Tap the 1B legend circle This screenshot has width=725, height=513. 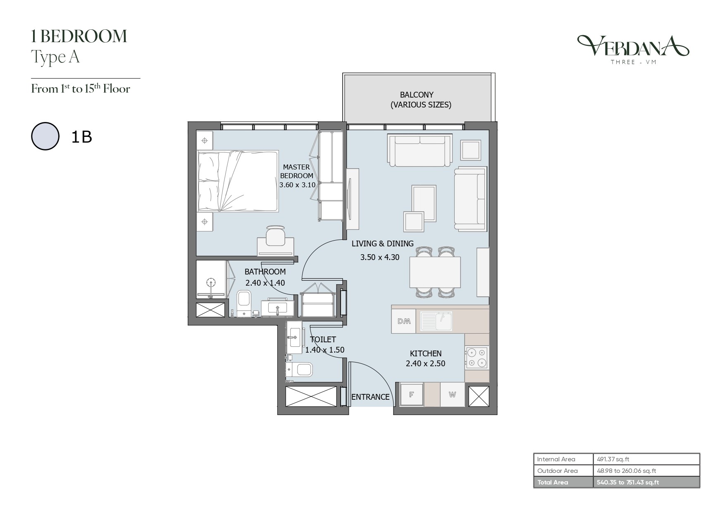pos(45,136)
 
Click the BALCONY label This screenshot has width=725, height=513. pos(417,95)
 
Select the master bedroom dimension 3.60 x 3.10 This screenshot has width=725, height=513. pos(297,185)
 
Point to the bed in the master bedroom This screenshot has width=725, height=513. pos(237,181)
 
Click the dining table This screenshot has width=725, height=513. pos(435,272)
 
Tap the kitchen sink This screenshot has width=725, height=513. pos(436,321)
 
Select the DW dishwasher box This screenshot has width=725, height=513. pos(403,321)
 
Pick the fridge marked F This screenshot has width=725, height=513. pos(411,394)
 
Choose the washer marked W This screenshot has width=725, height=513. pos(452,394)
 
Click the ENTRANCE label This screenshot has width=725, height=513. pos(370,397)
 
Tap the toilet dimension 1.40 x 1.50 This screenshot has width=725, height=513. pos(325,350)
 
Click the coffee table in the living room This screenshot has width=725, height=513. pos(424,203)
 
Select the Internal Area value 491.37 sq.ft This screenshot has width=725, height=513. pos(613,459)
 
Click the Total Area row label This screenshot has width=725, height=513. pos(553,482)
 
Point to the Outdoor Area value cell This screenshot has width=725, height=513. pos(646,471)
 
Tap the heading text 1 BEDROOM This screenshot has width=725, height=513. pos(79,36)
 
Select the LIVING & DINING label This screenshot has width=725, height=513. pos(383,243)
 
